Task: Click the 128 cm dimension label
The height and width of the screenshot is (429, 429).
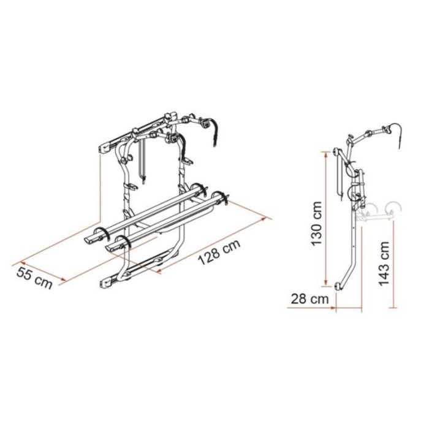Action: point(219,252)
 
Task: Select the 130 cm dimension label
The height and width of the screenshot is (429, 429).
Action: point(317,224)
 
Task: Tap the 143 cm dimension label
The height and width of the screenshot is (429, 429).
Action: point(384,263)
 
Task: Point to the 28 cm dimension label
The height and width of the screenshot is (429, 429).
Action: point(309,299)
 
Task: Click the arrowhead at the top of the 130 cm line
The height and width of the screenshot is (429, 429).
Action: point(325,155)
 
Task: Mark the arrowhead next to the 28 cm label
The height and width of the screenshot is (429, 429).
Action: point(333,308)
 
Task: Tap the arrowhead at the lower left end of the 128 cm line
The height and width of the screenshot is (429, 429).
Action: point(159,271)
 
